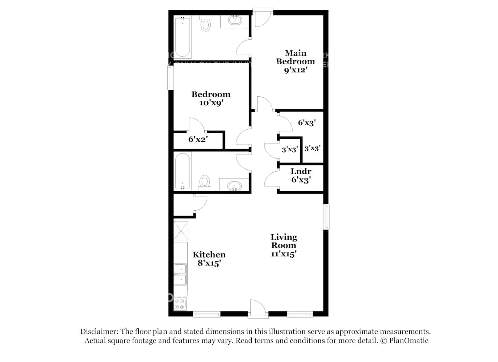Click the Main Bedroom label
tap(295, 58)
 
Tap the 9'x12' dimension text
tap(295, 70)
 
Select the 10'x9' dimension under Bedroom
tap(211, 103)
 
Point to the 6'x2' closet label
tap(197, 139)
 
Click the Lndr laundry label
tap(301, 171)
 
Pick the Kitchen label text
tap(209, 254)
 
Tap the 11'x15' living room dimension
tap(284, 254)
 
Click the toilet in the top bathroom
tap(206, 24)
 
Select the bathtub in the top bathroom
tap(183, 37)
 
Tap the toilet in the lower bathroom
tap(205, 182)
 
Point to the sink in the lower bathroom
tap(234, 186)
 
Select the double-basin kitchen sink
tap(180, 274)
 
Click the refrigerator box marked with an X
tap(181, 231)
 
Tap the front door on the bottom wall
tap(258, 310)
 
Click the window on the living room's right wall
tap(326, 217)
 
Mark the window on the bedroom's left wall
tap(170, 78)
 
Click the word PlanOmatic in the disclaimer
tap(409, 341)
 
